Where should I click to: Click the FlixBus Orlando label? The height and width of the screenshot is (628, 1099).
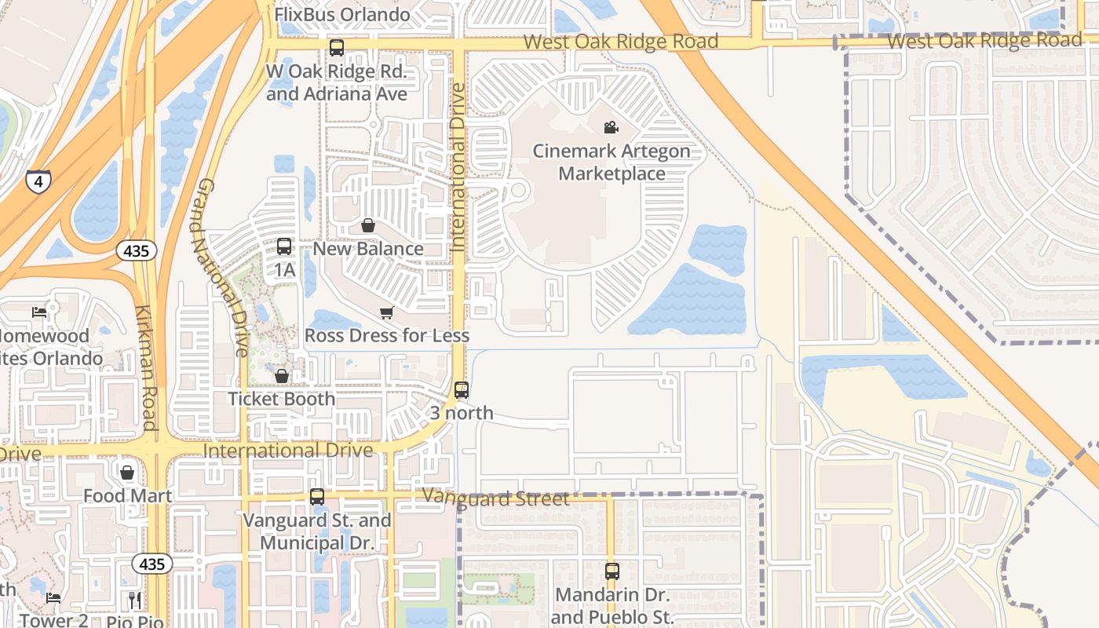coord(342,14)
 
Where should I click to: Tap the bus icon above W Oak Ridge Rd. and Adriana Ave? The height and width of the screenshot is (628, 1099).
coord(337,48)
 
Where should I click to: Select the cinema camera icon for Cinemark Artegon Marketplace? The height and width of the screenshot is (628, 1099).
coord(611,127)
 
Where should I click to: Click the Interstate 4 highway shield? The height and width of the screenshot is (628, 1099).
coord(38,181)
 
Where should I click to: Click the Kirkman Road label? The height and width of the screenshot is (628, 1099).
coord(147,367)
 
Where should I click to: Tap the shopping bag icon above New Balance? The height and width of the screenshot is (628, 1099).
coord(367,226)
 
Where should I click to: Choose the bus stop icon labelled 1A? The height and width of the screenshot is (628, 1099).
coord(284,246)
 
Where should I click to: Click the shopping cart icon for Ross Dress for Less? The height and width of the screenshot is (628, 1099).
coord(386,313)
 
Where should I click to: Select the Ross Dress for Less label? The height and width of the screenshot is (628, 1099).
coord(387,336)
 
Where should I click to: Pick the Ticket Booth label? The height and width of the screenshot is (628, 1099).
coord(281,399)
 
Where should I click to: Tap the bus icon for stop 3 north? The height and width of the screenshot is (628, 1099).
coord(462,389)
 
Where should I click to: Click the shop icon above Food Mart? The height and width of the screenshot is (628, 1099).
coord(127,473)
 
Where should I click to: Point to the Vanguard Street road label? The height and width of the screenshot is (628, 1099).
coord(495,498)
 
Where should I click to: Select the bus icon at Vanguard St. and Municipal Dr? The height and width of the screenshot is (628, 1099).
coord(317,496)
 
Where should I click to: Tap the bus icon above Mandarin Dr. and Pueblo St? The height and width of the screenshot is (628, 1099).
coord(612,571)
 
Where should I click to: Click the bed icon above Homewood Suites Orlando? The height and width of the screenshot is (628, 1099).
coord(39,312)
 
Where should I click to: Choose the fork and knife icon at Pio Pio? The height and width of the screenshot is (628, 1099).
coord(135,601)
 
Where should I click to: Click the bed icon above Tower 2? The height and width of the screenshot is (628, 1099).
coord(53,598)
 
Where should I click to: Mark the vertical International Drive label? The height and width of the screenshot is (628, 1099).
coord(458,166)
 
